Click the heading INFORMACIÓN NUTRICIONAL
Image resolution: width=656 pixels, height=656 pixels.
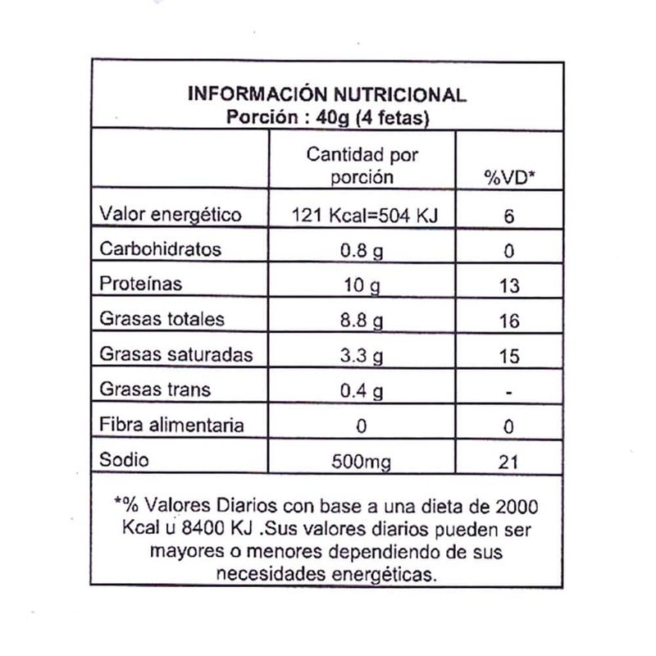tap(327, 94)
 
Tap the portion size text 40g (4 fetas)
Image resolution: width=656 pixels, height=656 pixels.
tap(385, 117)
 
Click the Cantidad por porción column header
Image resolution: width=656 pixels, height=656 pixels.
tap(362, 165)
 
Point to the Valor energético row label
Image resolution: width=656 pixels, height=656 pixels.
tap(170, 215)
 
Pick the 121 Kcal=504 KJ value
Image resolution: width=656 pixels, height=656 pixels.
tap(362, 216)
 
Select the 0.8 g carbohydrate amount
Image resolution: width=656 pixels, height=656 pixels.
tap(362, 250)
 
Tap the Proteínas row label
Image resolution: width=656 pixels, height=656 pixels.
tap(140, 285)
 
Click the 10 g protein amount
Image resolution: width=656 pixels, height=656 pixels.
tap(362, 285)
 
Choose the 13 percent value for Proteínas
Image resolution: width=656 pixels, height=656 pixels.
tap(509, 285)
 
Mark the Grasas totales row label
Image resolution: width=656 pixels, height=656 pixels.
tap(161, 320)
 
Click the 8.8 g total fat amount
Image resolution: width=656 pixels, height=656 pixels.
tap(362, 321)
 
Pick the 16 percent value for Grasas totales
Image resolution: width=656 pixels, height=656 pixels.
tap(509, 321)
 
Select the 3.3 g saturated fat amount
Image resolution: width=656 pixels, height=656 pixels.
tap(362, 356)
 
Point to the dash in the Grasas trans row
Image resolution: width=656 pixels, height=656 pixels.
tap(509, 393)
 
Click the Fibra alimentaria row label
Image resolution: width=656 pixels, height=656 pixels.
tap(171, 425)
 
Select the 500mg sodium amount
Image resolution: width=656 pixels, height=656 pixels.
tap(362, 461)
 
